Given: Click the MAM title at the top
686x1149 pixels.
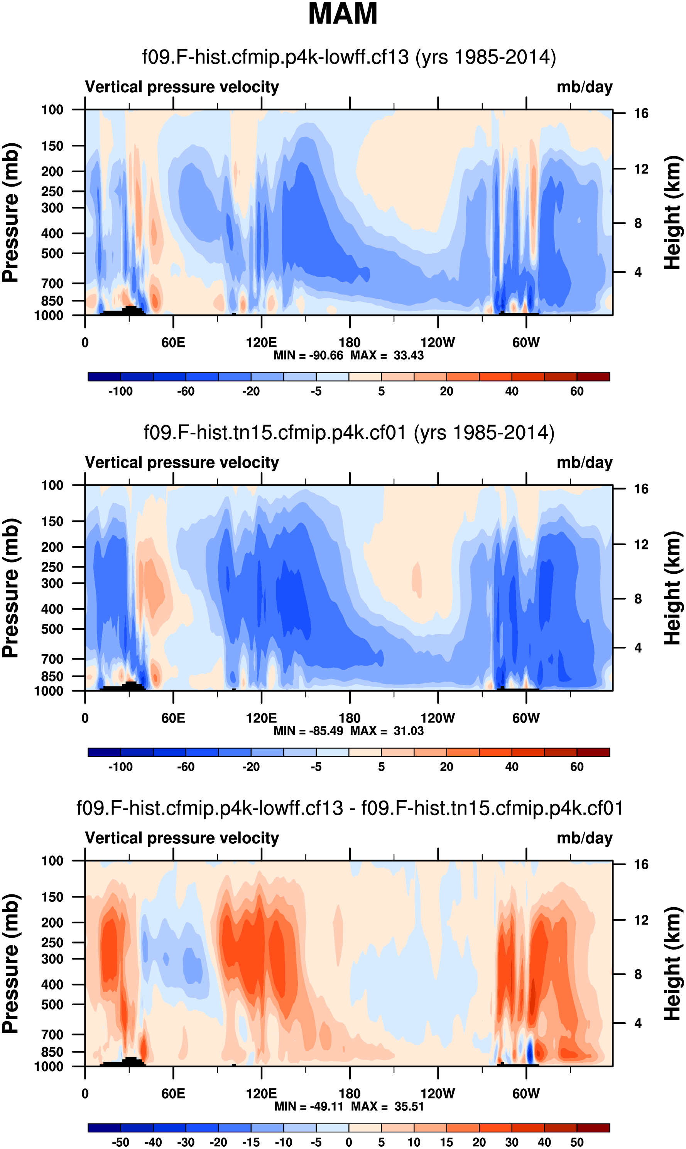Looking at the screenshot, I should (343, 14).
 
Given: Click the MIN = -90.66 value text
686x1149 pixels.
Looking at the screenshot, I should (308, 355).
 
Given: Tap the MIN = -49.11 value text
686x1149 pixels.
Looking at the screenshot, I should (309, 1107).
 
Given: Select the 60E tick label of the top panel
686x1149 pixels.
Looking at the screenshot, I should (173, 343).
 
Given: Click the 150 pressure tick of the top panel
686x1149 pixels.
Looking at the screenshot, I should (52, 146).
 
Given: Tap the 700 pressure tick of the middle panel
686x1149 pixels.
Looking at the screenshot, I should (52, 659).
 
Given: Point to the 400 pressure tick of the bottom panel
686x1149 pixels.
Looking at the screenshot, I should (52, 985).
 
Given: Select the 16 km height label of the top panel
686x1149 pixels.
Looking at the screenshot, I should (641, 113).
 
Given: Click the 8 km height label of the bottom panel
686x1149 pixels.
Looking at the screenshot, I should (638, 974).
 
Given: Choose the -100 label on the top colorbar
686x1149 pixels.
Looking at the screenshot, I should (121, 391).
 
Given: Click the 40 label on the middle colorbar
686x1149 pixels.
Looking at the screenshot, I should (512, 767).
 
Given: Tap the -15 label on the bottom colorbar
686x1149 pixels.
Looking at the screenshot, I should (251, 1142).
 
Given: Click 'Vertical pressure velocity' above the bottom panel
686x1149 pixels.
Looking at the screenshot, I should (182, 838).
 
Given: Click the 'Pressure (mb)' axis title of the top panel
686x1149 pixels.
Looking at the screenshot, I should (10, 212).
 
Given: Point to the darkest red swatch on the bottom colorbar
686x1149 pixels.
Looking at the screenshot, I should (593, 1128).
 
